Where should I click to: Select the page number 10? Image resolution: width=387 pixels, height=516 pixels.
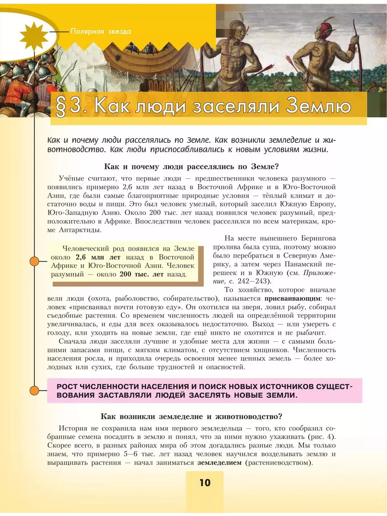pos(205,482)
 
